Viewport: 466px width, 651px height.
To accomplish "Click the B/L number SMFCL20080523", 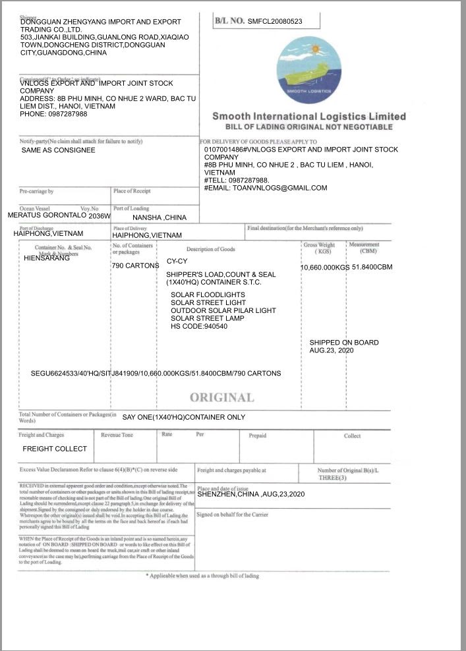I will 275,21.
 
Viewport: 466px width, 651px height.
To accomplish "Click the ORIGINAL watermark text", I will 221,397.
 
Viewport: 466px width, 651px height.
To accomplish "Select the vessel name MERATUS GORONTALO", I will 47,215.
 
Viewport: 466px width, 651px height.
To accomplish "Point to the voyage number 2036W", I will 100,215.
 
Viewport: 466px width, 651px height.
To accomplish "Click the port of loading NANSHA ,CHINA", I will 160,217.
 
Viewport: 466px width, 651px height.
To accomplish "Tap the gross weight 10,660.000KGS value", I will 325,268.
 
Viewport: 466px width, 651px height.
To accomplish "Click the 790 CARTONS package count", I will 135,266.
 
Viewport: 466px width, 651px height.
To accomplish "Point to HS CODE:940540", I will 199,326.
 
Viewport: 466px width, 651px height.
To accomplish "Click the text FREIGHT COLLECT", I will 55,449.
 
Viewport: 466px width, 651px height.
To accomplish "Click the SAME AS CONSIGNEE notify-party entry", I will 58,150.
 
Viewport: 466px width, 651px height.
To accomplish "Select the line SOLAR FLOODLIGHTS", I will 208,295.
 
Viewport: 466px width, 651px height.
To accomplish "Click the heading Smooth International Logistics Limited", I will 308,117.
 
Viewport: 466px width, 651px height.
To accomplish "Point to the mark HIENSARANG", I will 47,258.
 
